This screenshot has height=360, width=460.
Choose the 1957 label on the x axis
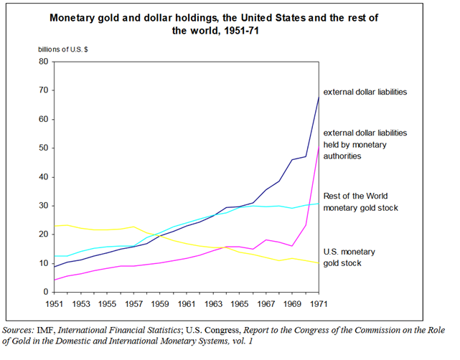(134, 304)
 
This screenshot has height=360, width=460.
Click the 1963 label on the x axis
(213, 304)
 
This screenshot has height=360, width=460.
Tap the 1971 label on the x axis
(318, 304)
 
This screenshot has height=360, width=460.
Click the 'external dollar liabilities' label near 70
(365, 93)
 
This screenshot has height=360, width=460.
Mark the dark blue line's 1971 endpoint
(318, 97)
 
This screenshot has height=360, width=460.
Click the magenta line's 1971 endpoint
(318, 146)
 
